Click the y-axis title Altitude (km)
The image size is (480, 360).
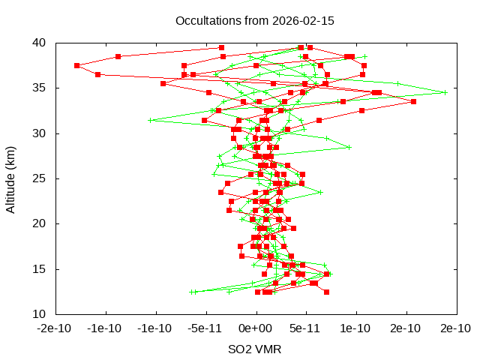pos(10,178)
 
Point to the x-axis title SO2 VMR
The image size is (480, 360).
pos(255,349)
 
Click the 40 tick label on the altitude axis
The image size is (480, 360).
pos(39,43)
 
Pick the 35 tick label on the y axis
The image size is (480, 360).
pos(39,88)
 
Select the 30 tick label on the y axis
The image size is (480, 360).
pos(39,133)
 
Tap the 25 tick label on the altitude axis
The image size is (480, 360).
pos(39,178)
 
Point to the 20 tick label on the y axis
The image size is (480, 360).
pos(39,223)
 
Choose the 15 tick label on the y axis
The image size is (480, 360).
pos(39,268)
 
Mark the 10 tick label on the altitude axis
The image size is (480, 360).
pos(39,313)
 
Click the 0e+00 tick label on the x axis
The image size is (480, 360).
pos(255,328)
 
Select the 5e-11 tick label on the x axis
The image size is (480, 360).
pos(305,328)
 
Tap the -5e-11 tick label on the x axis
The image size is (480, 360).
pos(204,328)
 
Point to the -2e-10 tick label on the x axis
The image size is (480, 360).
pos(55,328)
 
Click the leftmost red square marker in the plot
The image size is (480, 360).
pos(76,65)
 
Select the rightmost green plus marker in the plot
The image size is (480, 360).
pos(445,92)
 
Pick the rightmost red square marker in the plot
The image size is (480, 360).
pos(413,101)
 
